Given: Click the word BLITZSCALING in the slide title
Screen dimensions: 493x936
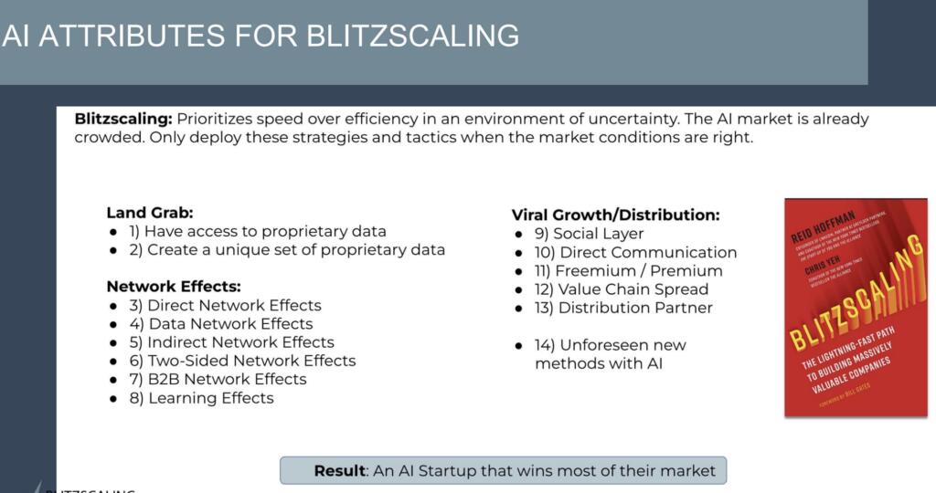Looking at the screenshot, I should pos(412,35).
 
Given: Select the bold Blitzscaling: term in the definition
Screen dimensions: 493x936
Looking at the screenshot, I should pos(122,120).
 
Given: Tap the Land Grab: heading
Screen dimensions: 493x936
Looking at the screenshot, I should pos(149,213).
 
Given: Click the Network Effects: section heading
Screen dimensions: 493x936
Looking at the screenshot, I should pos(174,286).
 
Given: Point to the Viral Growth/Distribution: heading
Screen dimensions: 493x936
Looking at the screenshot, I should pos(615,215).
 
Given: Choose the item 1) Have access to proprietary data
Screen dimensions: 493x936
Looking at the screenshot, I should pos(265,231).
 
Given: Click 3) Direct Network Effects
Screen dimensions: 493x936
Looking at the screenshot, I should pos(234,305).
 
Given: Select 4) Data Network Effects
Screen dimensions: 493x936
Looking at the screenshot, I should pos(229,323).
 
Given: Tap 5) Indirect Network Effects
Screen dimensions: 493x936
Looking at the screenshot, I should pos(240,342).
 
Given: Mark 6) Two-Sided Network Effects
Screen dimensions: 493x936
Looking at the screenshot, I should pos(251,361).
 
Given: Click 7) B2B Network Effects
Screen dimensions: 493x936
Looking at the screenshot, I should pos(227,379).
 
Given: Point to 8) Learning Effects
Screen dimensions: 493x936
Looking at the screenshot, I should pos(210,398).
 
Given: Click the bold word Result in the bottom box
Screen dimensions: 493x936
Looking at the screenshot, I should pos(339,471).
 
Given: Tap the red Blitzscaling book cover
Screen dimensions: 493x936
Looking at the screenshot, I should pos(856,308).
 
